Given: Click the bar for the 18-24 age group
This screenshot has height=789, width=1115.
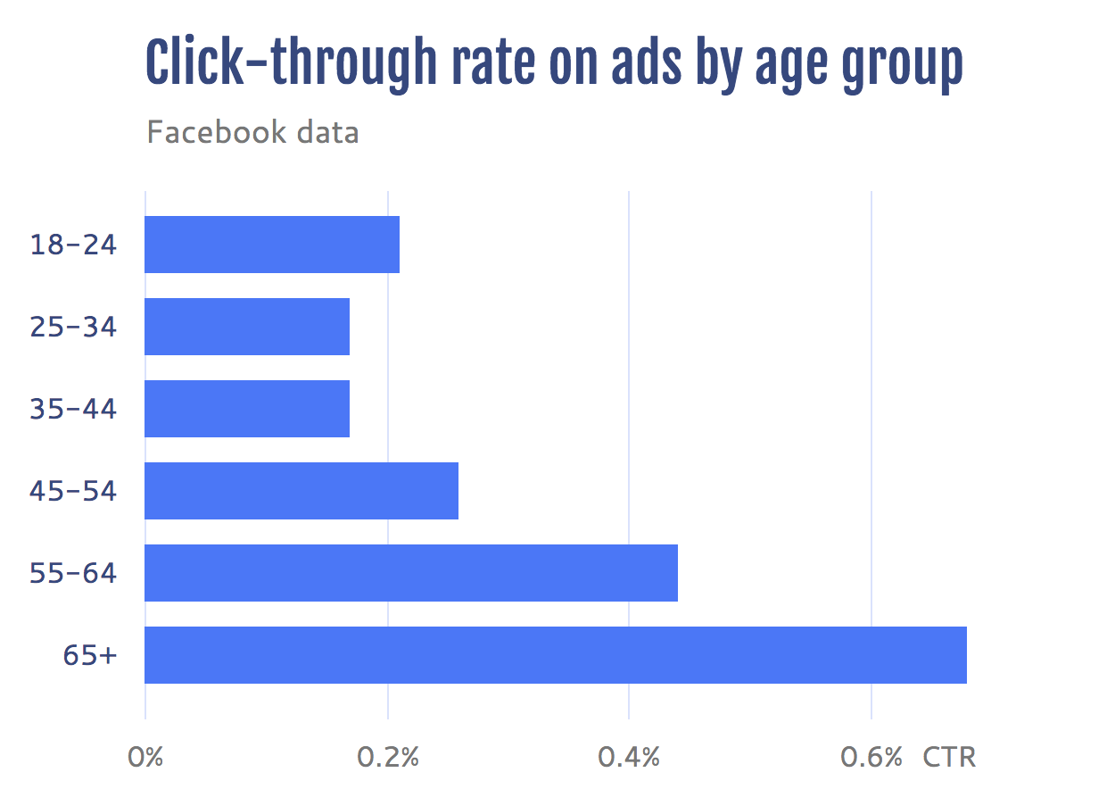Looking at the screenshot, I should coord(272,245).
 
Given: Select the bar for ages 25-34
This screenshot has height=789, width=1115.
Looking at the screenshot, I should coord(247,327).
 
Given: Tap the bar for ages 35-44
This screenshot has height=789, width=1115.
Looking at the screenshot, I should coord(247,409).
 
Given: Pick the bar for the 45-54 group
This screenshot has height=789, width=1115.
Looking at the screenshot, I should coord(301,491).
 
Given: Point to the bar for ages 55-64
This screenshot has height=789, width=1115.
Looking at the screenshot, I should coord(411,573).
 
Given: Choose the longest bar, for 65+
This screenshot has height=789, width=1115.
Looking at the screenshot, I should coord(556,655).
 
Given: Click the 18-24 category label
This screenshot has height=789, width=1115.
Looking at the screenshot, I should coord(73,245).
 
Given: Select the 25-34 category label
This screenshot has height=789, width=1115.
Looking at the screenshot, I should coord(73,327).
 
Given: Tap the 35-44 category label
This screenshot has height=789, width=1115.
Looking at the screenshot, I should coord(73,409).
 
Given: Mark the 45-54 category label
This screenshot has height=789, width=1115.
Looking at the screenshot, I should coord(73,491).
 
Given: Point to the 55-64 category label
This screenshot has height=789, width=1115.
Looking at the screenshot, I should coord(73,573).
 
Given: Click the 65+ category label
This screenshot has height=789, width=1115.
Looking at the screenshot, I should coord(89,655).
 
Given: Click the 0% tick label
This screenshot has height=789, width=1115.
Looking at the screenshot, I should coord(145,758).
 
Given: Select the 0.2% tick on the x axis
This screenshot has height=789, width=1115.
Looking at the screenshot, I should coord(388,758).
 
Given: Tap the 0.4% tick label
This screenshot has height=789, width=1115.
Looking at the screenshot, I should coord(629,758).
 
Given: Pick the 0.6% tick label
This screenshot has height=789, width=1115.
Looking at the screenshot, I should coord(871,758).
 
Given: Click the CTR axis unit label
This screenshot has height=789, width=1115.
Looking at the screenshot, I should coord(949,758).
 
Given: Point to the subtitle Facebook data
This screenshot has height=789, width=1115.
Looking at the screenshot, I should coord(252,133).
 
